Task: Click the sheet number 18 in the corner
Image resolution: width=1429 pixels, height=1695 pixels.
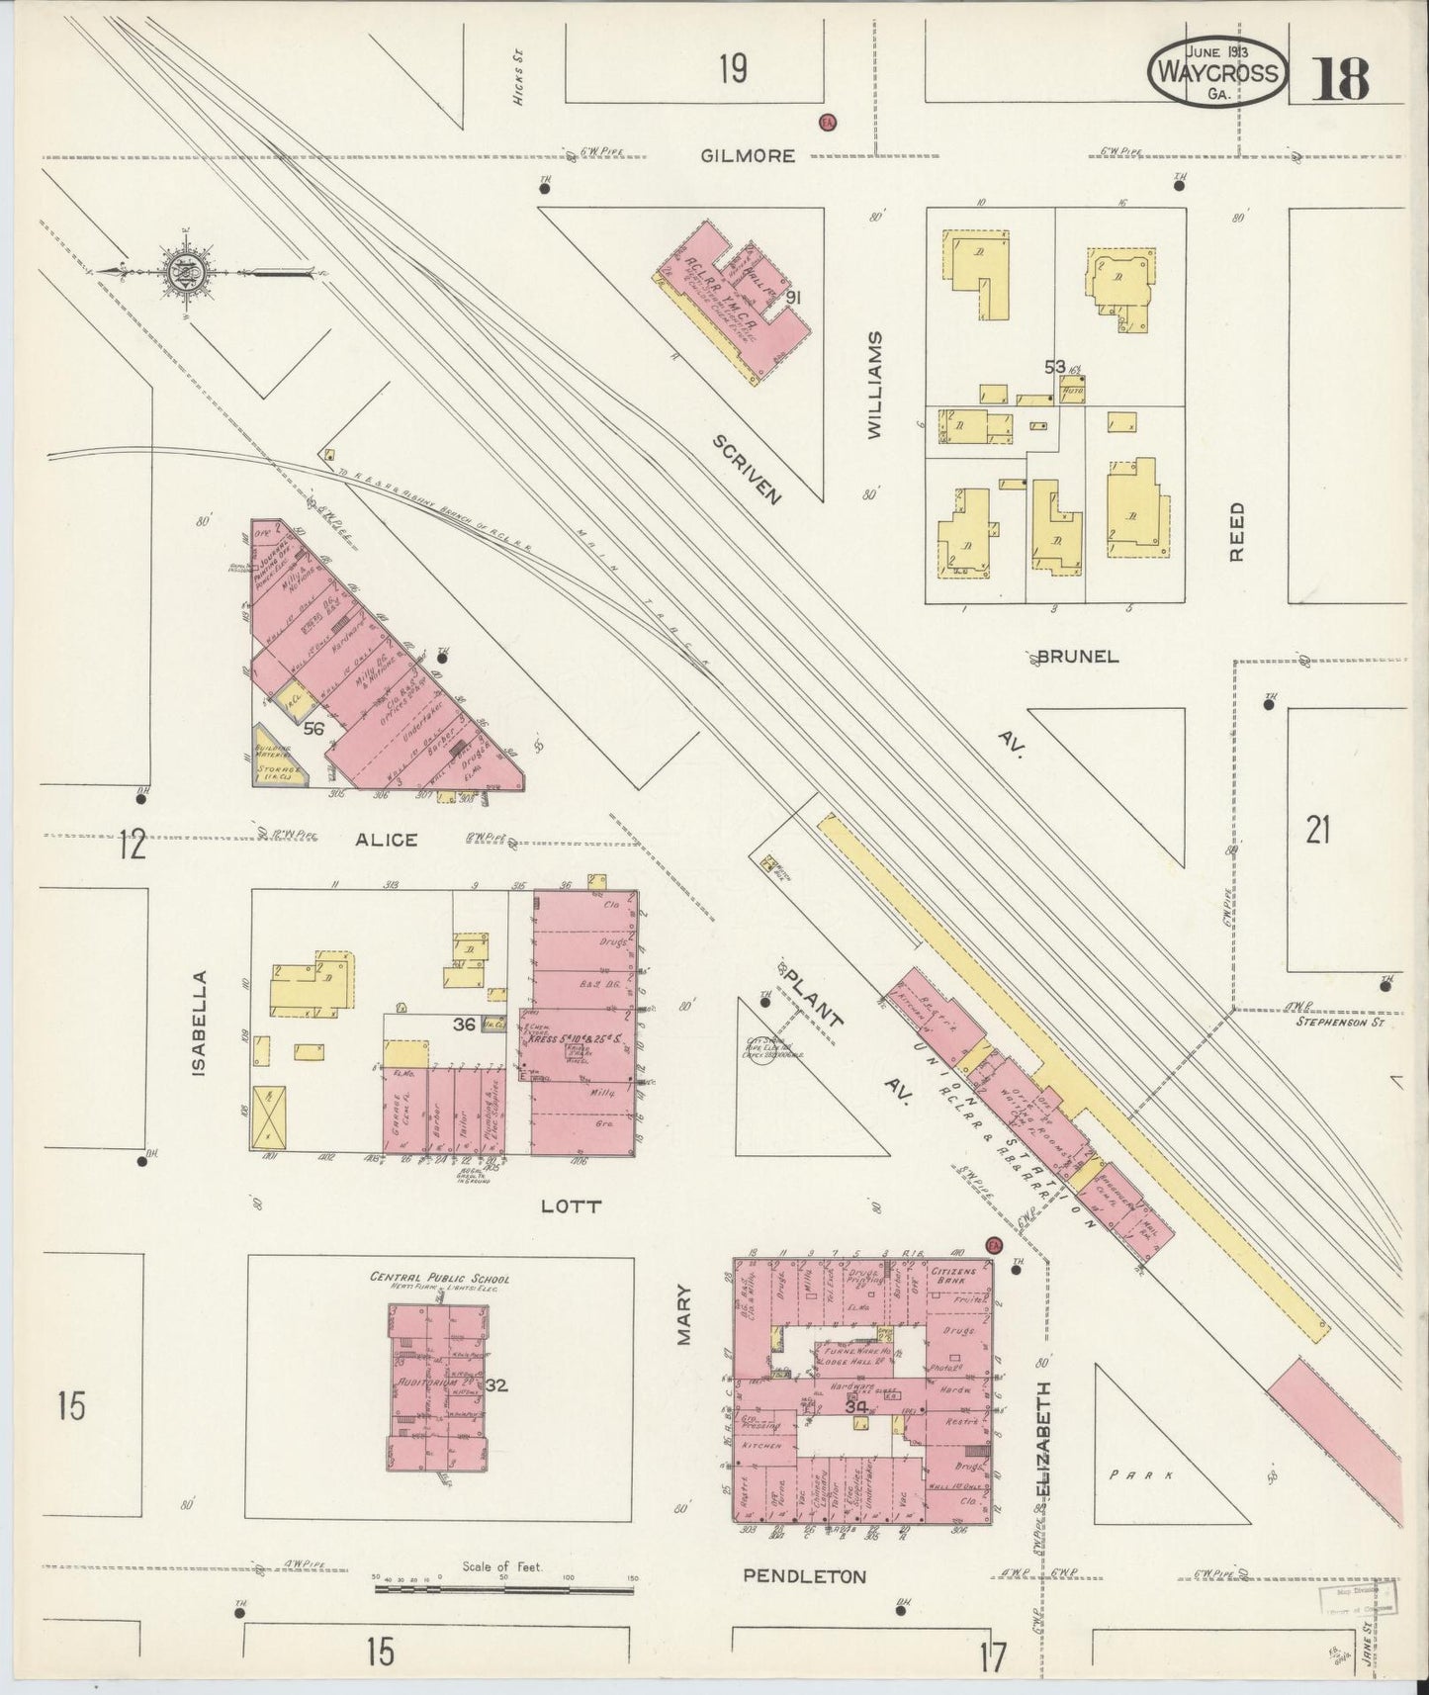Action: [x=1340, y=79]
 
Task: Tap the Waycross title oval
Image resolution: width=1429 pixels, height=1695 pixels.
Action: [x=1217, y=72]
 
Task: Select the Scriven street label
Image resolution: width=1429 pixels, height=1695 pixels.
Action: [x=748, y=469]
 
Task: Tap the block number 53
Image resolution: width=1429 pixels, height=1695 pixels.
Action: [x=1056, y=368]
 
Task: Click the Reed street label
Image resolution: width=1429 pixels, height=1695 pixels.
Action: [x=1236, y=531]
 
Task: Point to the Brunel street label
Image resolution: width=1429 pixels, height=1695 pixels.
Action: [x=1077, y=657]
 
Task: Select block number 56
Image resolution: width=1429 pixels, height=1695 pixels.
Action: [x=314, y=729]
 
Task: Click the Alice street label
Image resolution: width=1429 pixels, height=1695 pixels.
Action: [x=387, y=840]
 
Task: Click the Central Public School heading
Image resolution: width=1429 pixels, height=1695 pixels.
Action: [x=439, y=1277]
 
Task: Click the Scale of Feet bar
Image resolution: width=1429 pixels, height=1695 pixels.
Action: [x=504, y=1590]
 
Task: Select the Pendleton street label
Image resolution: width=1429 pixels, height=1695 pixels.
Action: [x=804, y=1576]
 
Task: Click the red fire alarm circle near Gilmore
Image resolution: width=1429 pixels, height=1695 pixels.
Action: [x=827, y=122]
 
